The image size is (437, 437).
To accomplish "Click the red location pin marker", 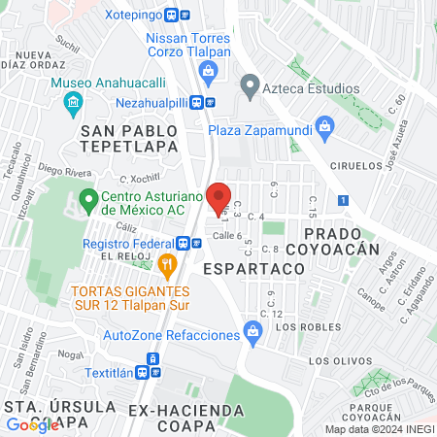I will coord(218,194).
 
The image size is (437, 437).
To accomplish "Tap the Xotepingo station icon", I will coord(178,16).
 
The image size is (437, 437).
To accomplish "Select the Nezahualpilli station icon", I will coord(202,100).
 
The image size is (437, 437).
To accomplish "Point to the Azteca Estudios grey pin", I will coord(251,88).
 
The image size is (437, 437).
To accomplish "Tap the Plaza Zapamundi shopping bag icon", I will coord(325,125).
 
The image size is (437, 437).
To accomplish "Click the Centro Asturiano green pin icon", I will coord(88,202).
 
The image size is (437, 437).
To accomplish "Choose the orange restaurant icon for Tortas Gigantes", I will coord(167,263).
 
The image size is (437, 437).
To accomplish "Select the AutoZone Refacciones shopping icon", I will coord(253,334).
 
